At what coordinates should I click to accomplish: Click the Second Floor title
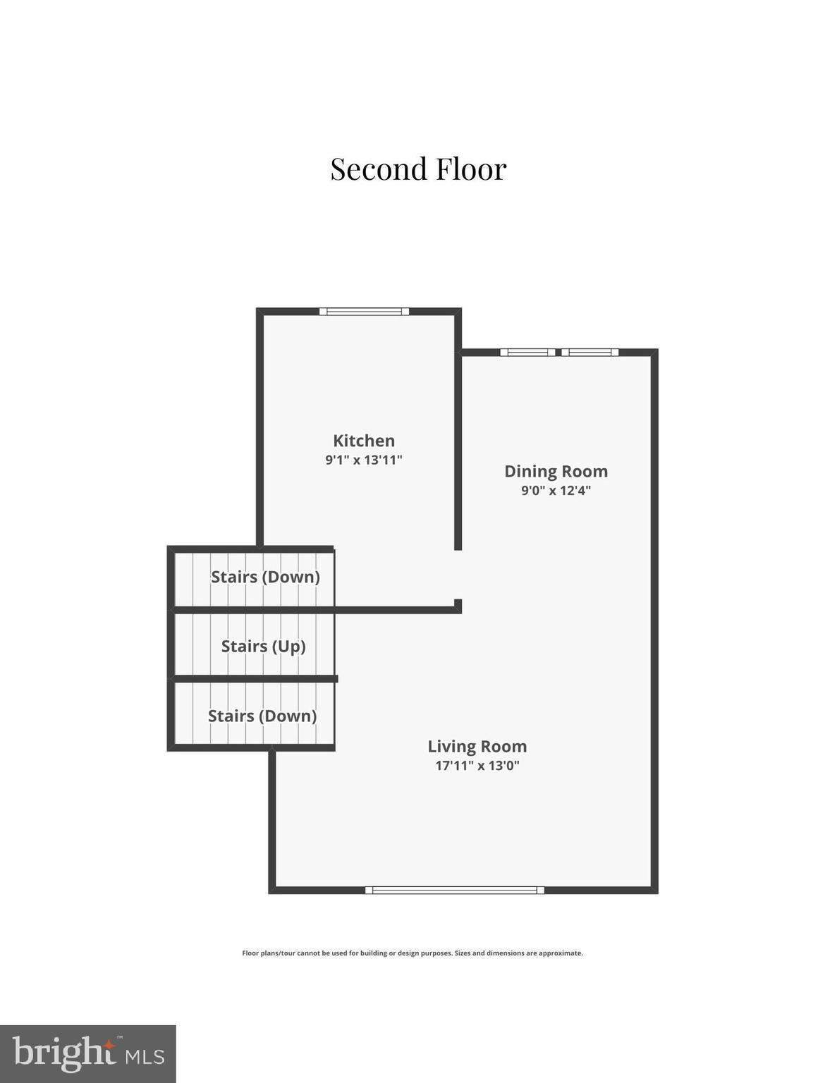tap(419, 169)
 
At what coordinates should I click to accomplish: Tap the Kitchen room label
tap(364, 441)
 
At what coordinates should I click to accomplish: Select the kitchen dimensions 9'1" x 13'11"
tap(364, 460)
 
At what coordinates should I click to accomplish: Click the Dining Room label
tap(556, 472)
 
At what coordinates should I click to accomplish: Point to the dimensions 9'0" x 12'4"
tap(556, 491)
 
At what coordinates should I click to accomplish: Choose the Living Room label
tap(477, 746)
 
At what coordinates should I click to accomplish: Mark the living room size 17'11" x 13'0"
tap(477, 765)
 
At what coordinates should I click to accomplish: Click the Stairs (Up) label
tap(263, 647)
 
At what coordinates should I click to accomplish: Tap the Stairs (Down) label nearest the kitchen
tap(265, 577)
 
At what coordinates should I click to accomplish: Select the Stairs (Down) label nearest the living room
tap(262, 716)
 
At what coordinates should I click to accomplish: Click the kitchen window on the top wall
tap(364, 312)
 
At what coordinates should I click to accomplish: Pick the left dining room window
tap(527, 353)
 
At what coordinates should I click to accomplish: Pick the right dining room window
tap(590, 353)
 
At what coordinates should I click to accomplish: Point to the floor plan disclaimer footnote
tap(413, 953)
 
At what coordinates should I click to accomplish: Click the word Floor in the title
tap(471, 169)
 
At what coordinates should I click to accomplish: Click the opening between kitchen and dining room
tap(458, 575)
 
